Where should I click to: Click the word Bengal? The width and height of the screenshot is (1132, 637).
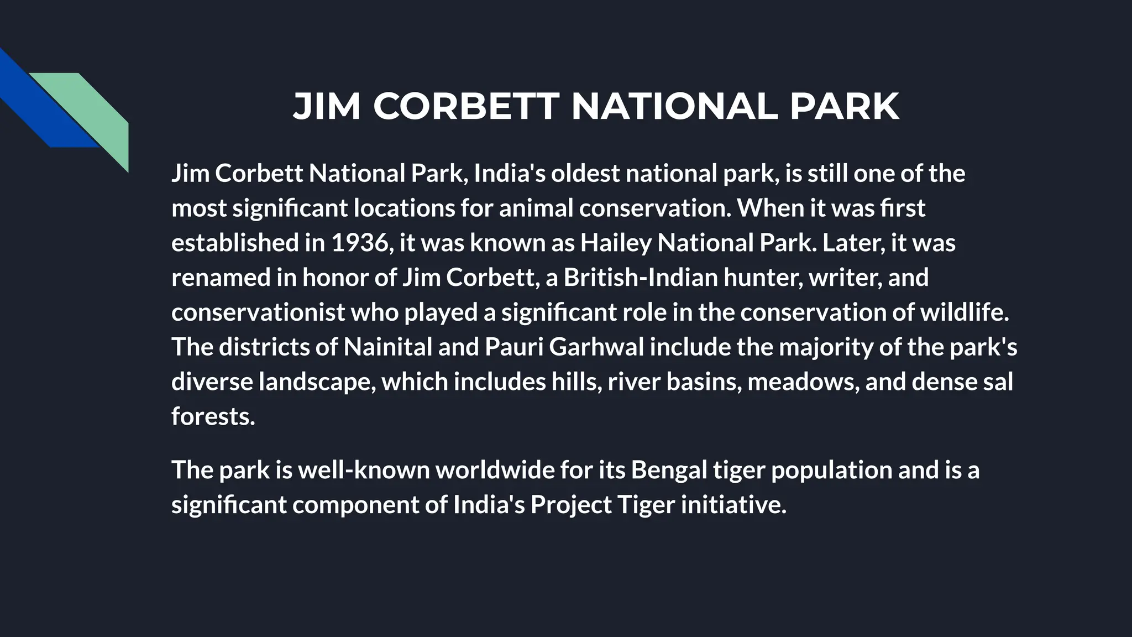[669, 470]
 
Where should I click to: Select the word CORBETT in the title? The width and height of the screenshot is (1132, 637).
[466, 106]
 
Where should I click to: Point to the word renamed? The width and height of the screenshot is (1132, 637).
[221, 278]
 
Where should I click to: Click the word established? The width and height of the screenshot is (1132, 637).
[234, 243]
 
